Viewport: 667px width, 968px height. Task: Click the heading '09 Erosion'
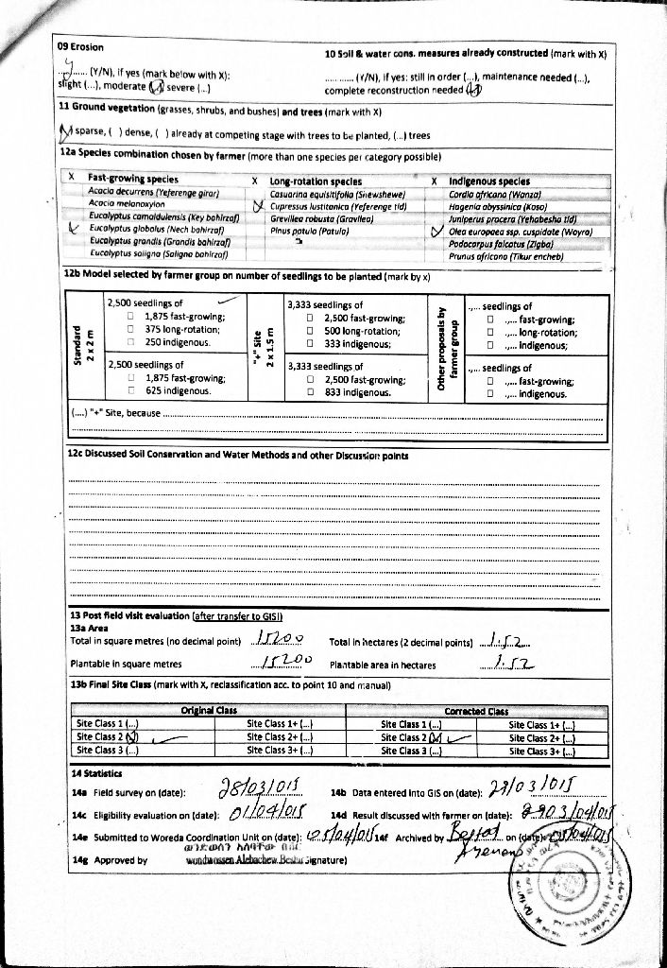[x=80, y=46]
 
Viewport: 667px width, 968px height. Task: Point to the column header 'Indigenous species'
[x=488, y=181]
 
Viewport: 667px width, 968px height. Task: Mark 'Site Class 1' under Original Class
[x=107, y=723]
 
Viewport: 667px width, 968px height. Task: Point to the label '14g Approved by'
[x=109, y=860]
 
